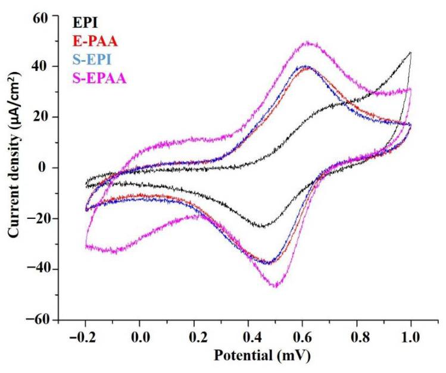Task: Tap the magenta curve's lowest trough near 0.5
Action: coord(276,286)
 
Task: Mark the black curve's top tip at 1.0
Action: coord(411,52)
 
